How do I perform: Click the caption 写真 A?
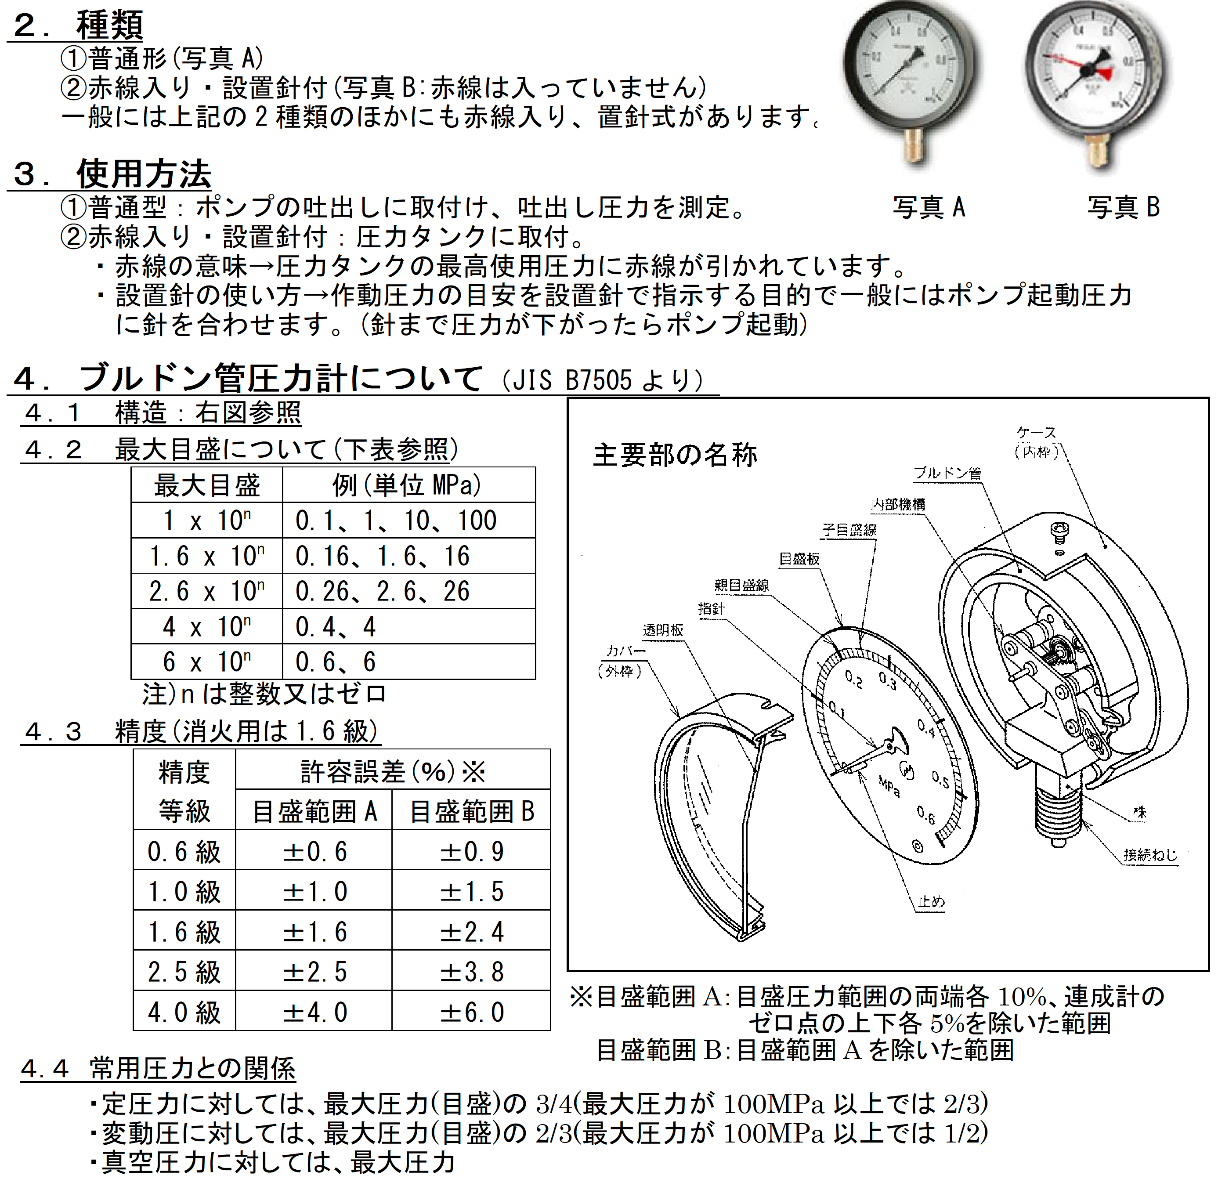[928, 207]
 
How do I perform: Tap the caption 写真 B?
[1123, 207]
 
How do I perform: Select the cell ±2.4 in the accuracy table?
[472, 933]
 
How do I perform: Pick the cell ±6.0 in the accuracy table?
[472, 1012]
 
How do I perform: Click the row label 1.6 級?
[184, 933]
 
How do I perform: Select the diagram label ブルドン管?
[947, 473]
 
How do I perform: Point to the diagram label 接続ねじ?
[1150, 855]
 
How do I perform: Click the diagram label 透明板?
[663, 630]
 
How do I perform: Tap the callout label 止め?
[932, 902]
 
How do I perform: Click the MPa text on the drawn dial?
[889, 787]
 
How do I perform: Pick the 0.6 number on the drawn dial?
[926, 815]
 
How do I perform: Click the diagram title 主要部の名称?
[675, 455]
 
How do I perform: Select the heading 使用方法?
[143, 174]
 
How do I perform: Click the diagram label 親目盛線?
[741, 586]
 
